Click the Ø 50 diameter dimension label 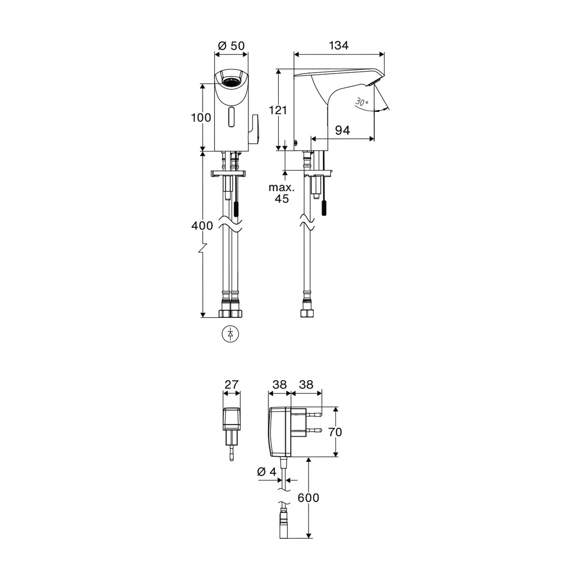(231, 46)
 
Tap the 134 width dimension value (338, 46)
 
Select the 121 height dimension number (278, 110)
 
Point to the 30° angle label (362, 102)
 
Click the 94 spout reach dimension (343, 131)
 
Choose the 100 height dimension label (201, 118)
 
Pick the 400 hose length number (202, 226)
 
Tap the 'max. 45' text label (281, 193)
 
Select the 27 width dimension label (232, 385)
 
